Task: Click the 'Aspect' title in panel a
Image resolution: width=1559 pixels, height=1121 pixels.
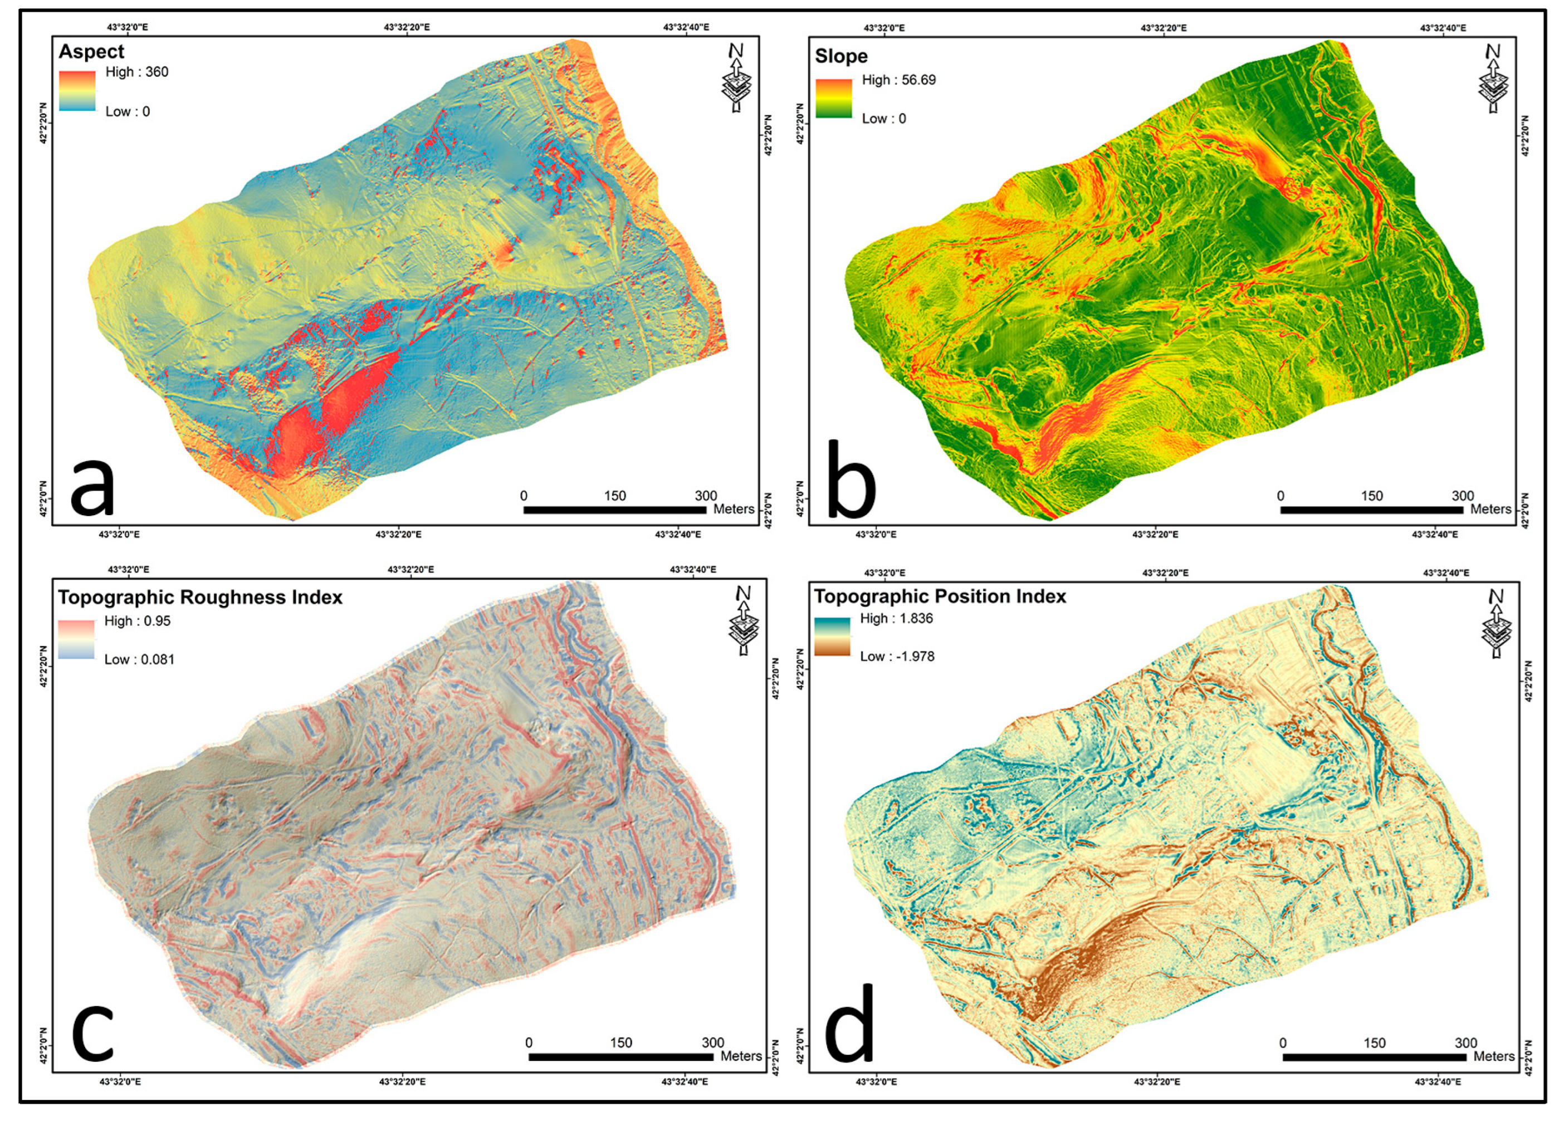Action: tap(91, 52)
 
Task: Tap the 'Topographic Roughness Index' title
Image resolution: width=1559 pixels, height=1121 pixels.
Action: tap(200, 598)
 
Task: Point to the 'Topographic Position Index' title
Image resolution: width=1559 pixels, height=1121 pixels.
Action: tap(940, 596)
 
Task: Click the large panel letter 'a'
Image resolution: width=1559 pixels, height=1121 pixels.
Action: tap(92, 487)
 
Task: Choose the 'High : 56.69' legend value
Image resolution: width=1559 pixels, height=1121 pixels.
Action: tap(898, 80)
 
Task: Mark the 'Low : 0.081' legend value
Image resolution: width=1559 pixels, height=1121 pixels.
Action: tap(140, 659)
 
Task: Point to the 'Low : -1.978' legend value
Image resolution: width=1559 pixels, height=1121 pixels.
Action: tap(897, 657)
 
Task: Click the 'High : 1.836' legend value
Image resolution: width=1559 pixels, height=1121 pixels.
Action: tap(896, 619)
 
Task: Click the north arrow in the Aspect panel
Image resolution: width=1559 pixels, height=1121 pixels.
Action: tap(736, 77)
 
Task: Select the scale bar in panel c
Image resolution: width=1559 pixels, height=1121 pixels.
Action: tap(620, 1057)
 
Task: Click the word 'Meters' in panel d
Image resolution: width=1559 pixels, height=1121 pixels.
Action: tap(1494, 1056)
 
